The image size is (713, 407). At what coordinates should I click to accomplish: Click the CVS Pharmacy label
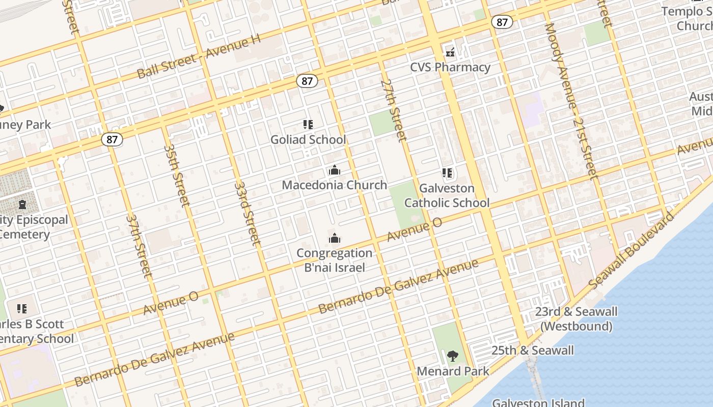coord(450,67)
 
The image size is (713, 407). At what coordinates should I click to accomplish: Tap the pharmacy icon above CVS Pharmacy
coord(450,52)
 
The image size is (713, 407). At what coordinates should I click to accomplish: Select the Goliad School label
coord(308,139)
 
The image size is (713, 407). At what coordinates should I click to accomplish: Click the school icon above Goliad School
coord(308,124)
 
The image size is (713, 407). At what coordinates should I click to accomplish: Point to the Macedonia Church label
coord(335,185)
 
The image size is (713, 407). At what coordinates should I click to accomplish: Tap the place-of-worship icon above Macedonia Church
coord(335,170)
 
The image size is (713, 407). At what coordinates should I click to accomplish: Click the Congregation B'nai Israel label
coord(335,260)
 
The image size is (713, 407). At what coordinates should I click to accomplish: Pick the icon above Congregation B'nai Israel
coord(335,238)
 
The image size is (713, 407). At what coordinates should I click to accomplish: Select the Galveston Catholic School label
coord(447,195)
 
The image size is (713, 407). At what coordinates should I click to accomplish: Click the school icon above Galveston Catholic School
coord(447,173)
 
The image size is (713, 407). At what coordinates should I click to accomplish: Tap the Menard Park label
coord(453,371)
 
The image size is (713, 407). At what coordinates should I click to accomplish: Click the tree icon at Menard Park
coord(452,356)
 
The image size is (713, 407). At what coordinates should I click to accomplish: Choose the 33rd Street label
coord(248,214)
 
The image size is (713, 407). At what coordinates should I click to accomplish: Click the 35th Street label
coord(177,176)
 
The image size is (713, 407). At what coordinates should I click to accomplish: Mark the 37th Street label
coord(139,246)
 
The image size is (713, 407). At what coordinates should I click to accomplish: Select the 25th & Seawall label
coord(532,350)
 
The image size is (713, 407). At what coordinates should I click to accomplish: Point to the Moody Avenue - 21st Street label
coord(570,102)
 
